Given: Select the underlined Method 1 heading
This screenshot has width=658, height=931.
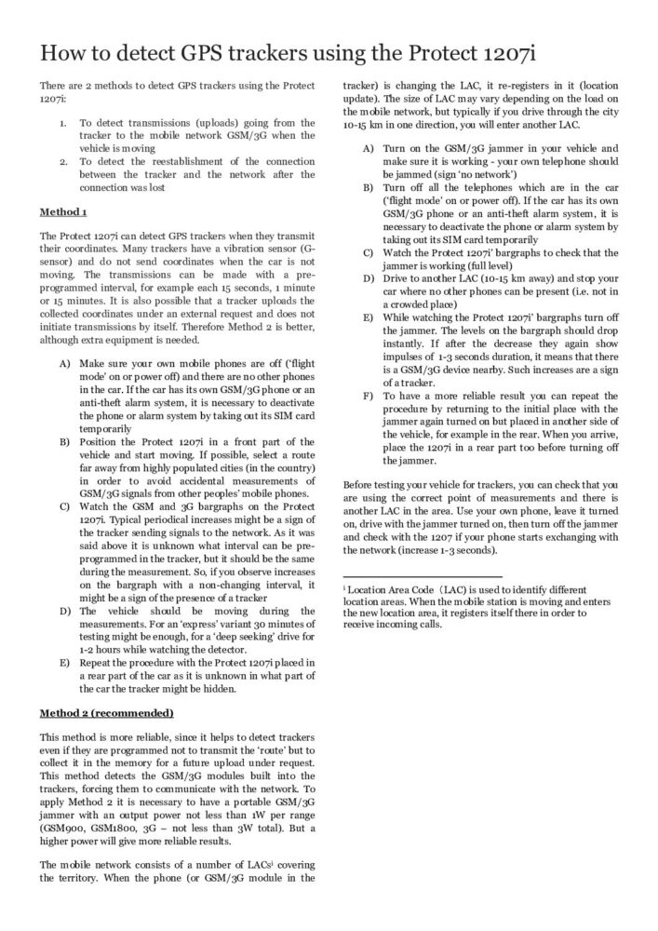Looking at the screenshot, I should click(63, 211).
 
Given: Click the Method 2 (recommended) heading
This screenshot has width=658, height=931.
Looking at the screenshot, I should click(106, 713).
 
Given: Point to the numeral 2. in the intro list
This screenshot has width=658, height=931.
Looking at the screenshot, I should click(62, 160).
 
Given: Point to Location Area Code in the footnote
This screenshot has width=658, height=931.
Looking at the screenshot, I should click(392, 589).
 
